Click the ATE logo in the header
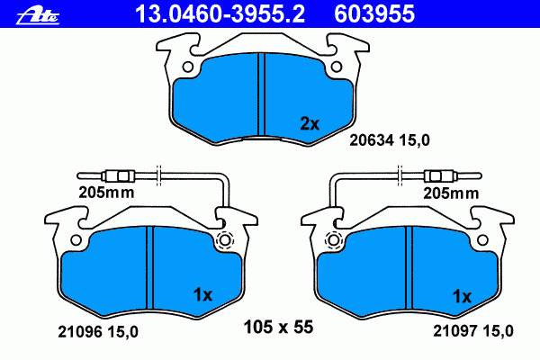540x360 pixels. coord(38,16)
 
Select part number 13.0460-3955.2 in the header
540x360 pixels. coord(220,14)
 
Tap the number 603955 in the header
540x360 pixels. coord(374,14)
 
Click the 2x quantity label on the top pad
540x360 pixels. coord(310,124)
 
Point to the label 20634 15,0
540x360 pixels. coord(390,140)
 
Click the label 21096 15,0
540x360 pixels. coord(98,332)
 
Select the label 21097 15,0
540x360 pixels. coord(472,331)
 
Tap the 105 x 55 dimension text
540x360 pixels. coord(278,327)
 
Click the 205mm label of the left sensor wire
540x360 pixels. coord(106,193)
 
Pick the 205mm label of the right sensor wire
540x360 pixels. coord(451,193)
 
